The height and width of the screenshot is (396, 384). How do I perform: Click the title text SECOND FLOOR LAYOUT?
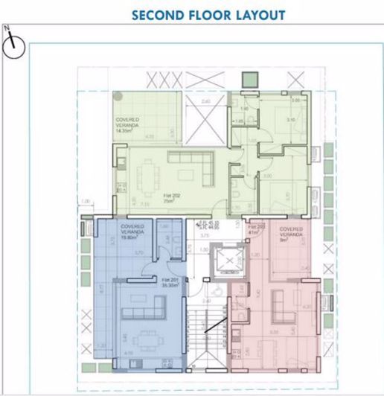click(208, 15)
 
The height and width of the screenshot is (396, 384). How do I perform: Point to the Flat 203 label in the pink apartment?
click(257, 229)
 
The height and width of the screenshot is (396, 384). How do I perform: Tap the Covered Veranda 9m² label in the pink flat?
click(290, 235)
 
